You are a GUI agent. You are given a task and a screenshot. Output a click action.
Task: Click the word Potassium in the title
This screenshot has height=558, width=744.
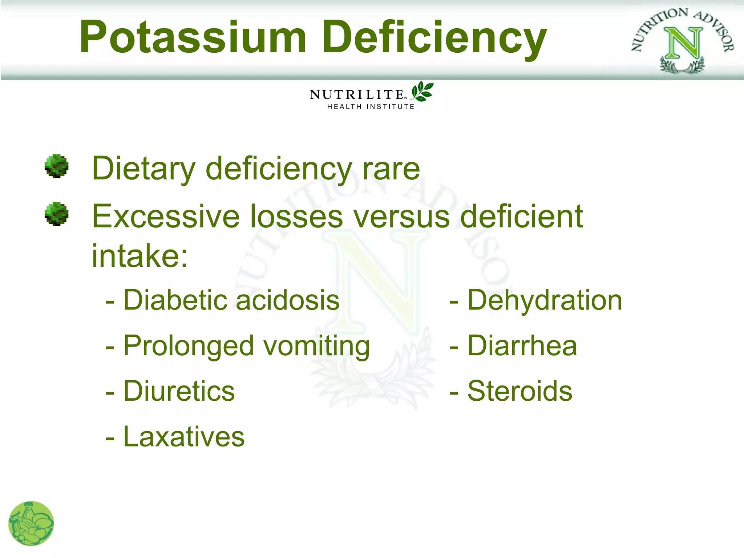pyautogui.click(x=193, y=37)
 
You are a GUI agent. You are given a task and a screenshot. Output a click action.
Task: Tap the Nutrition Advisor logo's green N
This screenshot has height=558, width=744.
pyautogui.click(x=683, y=44)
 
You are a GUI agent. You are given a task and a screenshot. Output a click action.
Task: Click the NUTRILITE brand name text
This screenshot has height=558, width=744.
pyautogui.click(x=357, y=95)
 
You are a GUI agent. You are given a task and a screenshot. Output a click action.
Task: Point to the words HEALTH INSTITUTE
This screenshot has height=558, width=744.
pyautogui.click(x=371, y=106)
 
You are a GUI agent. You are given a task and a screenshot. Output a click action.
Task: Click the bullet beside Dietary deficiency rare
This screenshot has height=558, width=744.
pyautogui.click(x=56, y=166)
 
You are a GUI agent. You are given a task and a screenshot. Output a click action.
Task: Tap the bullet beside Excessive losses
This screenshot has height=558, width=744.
pyautogui.click(x=56, y=214)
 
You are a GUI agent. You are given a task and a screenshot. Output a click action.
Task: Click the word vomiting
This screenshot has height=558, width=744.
pyautogui.click(x=316, y=346)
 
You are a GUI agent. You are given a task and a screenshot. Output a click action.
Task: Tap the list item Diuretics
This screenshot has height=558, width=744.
pyautogui.click(x=179, y=391)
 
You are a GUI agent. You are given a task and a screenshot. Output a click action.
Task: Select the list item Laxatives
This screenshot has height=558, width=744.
pyautogui.click(x=184, y=437)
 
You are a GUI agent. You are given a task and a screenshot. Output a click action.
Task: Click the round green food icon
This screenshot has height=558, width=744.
pyautogui.click(x=31, y=523)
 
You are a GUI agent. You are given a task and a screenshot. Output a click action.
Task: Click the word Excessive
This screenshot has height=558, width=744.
pyautogui.click(x=166, y=217)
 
